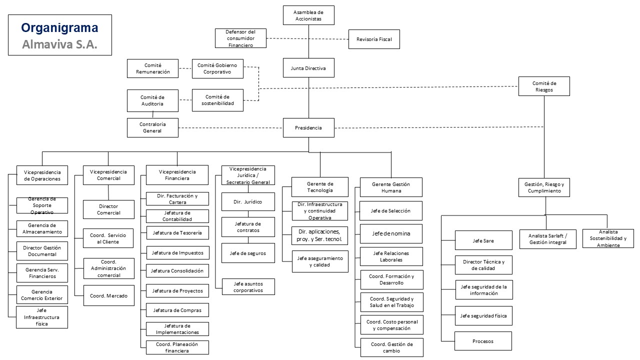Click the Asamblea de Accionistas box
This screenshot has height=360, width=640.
[308, 15]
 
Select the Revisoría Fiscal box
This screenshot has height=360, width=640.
[374, 39]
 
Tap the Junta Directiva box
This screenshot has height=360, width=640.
[308, 68]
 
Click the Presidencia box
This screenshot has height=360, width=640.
[308, 128]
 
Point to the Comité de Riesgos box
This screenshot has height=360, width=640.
[544, 86]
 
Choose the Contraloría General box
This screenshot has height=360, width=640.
[152, 127]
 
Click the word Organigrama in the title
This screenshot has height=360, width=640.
[59, 28]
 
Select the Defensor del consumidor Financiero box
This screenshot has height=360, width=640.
[241, 38]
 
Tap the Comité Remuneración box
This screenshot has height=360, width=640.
[152, 68]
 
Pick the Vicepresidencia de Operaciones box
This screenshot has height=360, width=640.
[42, 175]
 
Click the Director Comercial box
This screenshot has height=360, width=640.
[108, 209]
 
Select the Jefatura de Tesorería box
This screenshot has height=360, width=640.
[177, 232]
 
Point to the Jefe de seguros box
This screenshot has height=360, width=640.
[248, 253]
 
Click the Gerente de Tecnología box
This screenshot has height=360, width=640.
[320, 187]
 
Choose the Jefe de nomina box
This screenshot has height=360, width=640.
[391, 233]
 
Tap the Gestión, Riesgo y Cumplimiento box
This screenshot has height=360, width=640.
[544, 187]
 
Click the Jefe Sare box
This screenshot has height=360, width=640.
[483, 240]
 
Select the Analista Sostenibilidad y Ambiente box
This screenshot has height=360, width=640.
[607, 238]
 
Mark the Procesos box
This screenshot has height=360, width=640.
[483, 341]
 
